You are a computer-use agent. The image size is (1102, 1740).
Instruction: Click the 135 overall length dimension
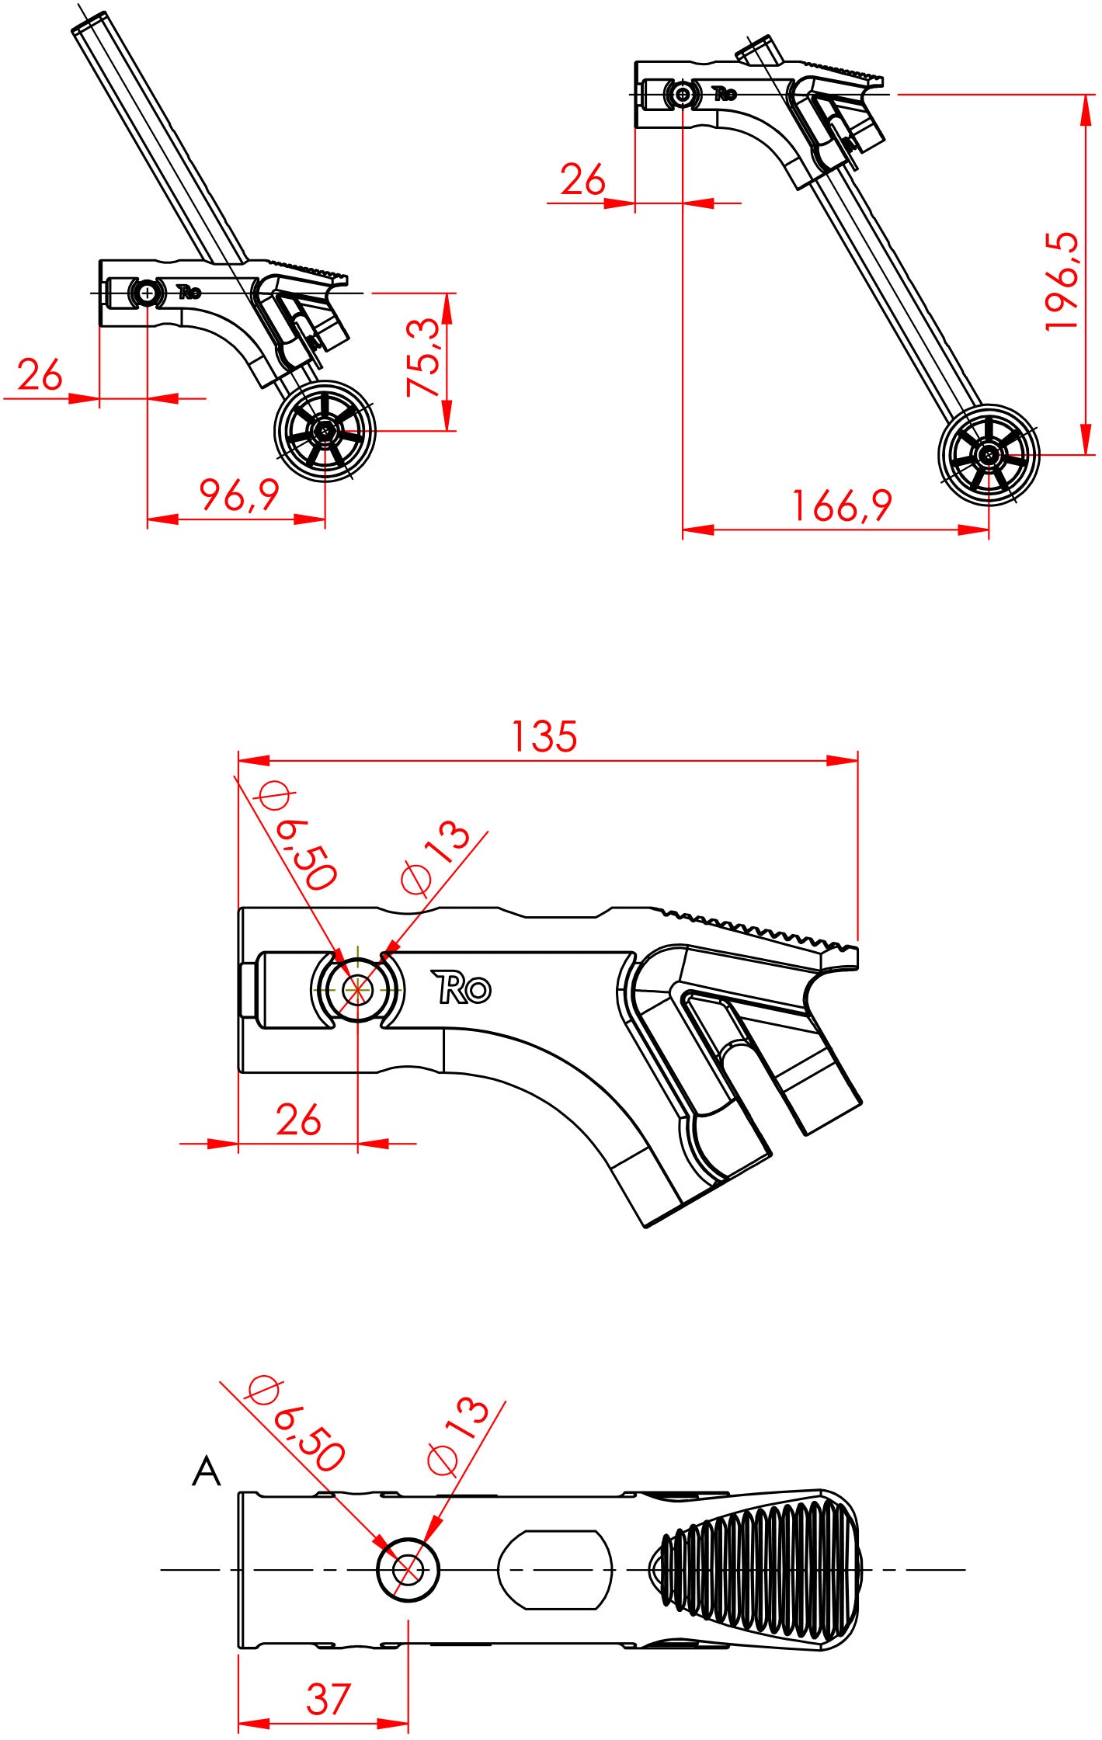[544, 736]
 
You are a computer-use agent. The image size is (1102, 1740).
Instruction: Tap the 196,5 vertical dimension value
[1062, 280]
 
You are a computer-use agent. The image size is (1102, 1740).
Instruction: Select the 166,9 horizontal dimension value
[842, 505]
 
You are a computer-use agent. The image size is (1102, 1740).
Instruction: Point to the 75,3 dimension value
[425, 356]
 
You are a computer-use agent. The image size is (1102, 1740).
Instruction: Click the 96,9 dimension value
[238, 495]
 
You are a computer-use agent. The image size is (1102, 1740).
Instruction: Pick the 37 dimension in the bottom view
[328, 1699]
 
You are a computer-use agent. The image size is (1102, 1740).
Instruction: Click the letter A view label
[206, 1471]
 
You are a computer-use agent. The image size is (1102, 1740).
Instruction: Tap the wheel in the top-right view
[988, 455]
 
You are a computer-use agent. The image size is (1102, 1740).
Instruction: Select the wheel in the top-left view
[325, 431]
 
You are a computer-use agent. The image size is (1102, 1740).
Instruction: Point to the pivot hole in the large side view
[357, 989]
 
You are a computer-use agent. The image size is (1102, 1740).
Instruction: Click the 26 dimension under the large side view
[298, 1120]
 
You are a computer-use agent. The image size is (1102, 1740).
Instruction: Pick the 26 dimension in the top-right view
[582, 180]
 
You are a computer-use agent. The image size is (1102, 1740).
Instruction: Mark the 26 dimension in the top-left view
[40, 375]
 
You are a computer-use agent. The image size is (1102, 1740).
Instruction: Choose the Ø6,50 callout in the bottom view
[296, 1426]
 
